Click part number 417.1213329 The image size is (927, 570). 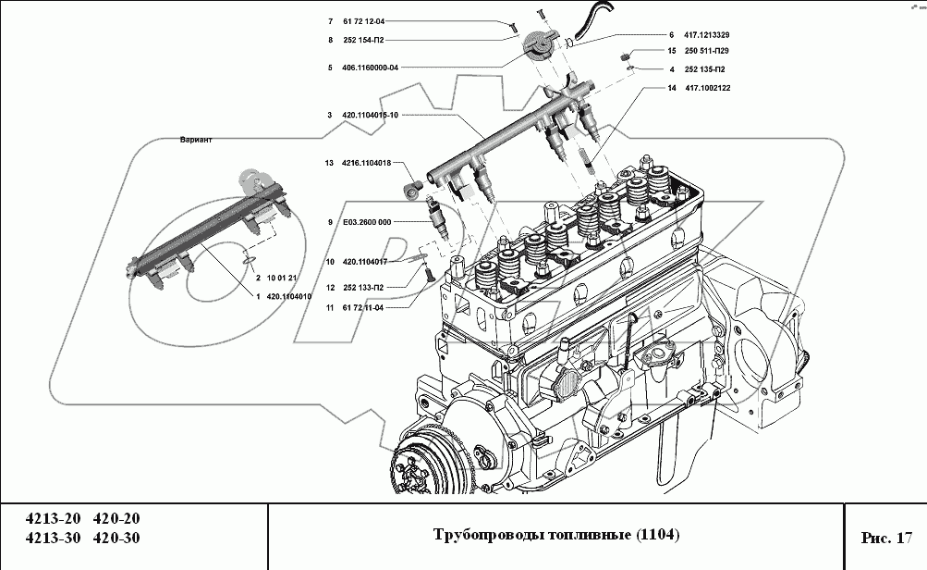point(706,35)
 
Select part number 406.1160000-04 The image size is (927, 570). point(370,68)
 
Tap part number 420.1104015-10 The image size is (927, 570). point(370,115)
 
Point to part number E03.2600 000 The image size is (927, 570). point(367,222)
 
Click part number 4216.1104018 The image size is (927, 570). point(367,163)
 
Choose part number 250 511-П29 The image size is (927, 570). point(706,51)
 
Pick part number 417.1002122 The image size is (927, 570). point(708,88)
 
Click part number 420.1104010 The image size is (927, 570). point(289,296)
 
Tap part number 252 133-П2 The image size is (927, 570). point(363,288)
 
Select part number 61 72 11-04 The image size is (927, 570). point(363,308)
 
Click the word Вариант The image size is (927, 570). point(196,140)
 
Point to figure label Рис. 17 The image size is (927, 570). point(886,538)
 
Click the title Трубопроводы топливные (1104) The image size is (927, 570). point(556,535)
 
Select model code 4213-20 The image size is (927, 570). point(53,518)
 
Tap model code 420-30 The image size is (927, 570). point(116,538)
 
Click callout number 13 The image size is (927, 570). point(329,163)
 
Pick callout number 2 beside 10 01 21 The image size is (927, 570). point(258,278)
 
